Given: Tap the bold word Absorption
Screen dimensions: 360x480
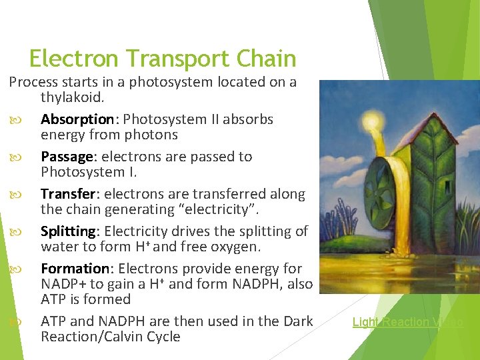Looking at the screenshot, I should (77, 119).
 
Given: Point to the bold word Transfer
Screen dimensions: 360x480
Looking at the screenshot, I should (69, 194).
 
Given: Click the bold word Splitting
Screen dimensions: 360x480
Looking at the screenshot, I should (69, 231).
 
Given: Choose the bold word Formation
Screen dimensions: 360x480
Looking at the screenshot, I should (75, 269).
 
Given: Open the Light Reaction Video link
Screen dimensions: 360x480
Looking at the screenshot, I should (407, 322).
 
